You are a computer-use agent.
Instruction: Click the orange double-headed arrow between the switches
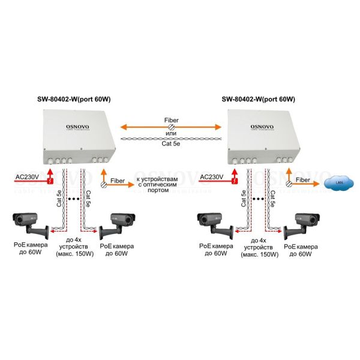170,127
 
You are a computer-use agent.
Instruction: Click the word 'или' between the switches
171,133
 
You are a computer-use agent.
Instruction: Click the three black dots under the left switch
75,197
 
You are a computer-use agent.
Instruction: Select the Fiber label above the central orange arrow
171,119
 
